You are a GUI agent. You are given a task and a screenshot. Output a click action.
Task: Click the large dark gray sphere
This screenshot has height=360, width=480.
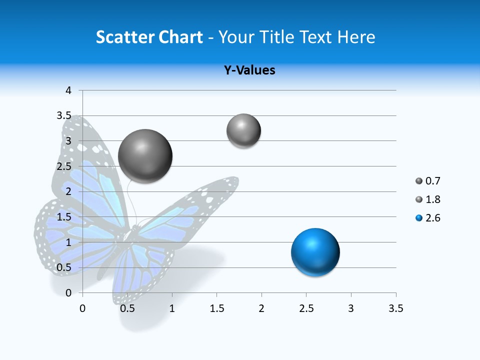point(145,156)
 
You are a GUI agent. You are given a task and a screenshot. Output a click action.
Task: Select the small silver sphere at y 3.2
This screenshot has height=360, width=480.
point(243,130)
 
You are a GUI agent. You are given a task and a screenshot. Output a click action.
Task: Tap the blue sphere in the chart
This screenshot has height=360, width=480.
point(315,252)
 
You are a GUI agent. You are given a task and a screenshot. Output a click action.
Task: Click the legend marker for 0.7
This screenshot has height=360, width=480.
point(419,181)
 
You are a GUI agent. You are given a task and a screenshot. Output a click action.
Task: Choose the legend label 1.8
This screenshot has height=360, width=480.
point(432,199)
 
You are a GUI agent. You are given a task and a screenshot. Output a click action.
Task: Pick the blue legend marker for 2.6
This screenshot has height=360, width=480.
point(419,218)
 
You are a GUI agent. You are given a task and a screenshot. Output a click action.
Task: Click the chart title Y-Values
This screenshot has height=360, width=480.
point(249,70)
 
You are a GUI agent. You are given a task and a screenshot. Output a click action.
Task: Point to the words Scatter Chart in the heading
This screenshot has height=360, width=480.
point(149,37)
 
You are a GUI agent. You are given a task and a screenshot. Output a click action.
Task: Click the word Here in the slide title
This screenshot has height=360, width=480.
point(355,37)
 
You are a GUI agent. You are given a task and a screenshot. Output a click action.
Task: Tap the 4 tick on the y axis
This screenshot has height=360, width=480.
point(69,90)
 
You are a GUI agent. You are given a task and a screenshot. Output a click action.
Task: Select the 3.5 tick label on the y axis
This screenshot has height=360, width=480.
point(64,115)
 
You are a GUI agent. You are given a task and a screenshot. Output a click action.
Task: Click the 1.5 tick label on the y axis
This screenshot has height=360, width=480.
point(64,217)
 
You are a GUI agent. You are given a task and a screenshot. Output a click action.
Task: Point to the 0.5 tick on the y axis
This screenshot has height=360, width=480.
point(64,267)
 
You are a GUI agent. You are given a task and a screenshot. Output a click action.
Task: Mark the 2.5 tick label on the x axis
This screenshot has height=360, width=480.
point(306,308)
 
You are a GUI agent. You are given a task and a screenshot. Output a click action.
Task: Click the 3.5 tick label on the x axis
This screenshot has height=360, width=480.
point(395,308)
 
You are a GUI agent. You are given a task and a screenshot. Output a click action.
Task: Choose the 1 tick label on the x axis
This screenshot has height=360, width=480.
point(172,308)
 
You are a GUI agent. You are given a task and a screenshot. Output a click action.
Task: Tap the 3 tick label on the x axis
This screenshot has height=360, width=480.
point(351,308)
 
